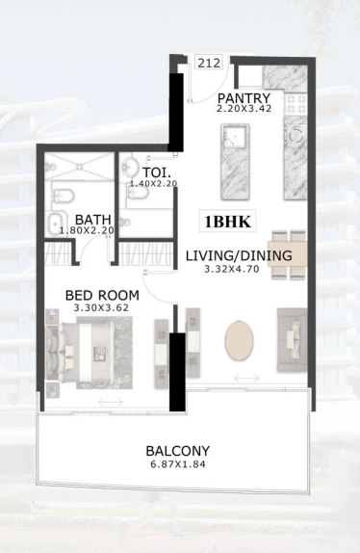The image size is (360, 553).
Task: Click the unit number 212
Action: click(209, 63)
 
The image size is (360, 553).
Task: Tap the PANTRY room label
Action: click(244, 97)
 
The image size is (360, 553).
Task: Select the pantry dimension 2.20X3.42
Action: click(244, 109)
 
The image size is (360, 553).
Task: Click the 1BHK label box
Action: click(227, 222)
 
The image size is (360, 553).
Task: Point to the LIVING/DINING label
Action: click(239, 255)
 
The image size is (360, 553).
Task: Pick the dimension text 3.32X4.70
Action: click(232, 269)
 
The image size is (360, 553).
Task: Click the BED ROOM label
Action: click(102, 295)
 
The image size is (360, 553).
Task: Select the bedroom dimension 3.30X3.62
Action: click(101, 307)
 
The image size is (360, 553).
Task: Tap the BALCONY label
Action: click(178, 451)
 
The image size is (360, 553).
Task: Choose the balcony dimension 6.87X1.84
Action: click(178, 464)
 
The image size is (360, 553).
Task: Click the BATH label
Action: click(93, 220)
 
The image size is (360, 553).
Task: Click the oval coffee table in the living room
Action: click(239, 340)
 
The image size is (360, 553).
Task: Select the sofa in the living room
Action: click(292, 340)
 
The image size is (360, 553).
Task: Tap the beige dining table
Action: click(287, 253)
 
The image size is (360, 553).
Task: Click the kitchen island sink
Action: click(232, 136)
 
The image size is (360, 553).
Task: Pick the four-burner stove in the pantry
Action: click(296, 104)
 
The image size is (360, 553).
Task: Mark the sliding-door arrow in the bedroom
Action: click(111, 402)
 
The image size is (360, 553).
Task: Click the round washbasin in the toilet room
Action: click(130, 166)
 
